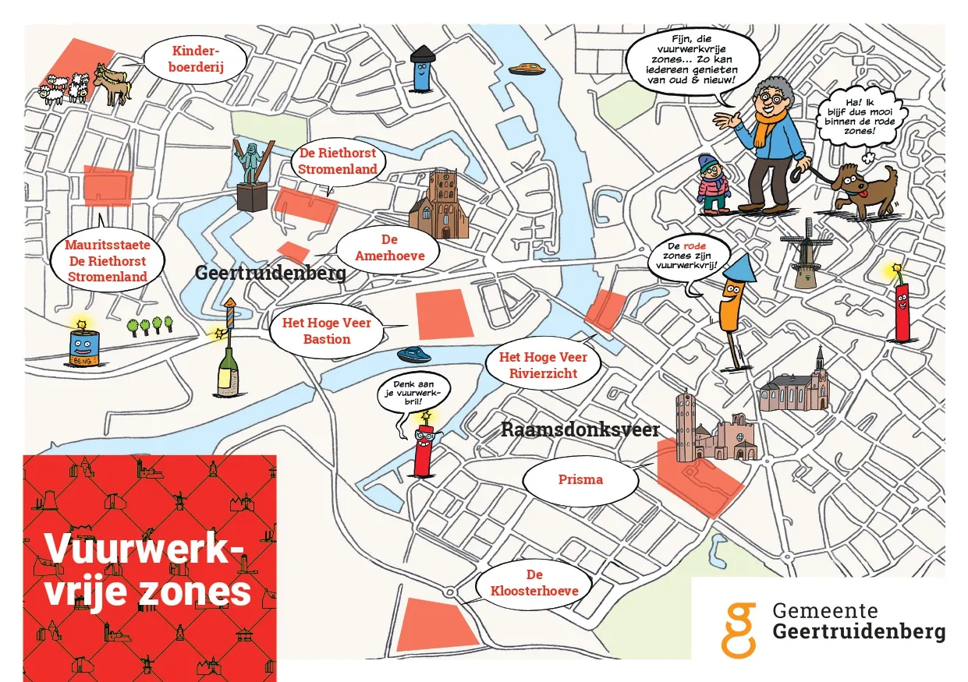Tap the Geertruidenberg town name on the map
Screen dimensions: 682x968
(270, 273)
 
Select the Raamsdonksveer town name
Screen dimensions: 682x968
(580, 429)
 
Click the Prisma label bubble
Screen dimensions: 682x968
(580, 479)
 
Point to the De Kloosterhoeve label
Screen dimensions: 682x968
(534, 583)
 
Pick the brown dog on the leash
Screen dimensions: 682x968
(865, 189)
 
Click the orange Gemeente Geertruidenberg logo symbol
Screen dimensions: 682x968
(737, 629)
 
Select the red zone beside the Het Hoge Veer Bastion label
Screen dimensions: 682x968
(444, 313)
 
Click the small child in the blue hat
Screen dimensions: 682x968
(713, 185)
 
